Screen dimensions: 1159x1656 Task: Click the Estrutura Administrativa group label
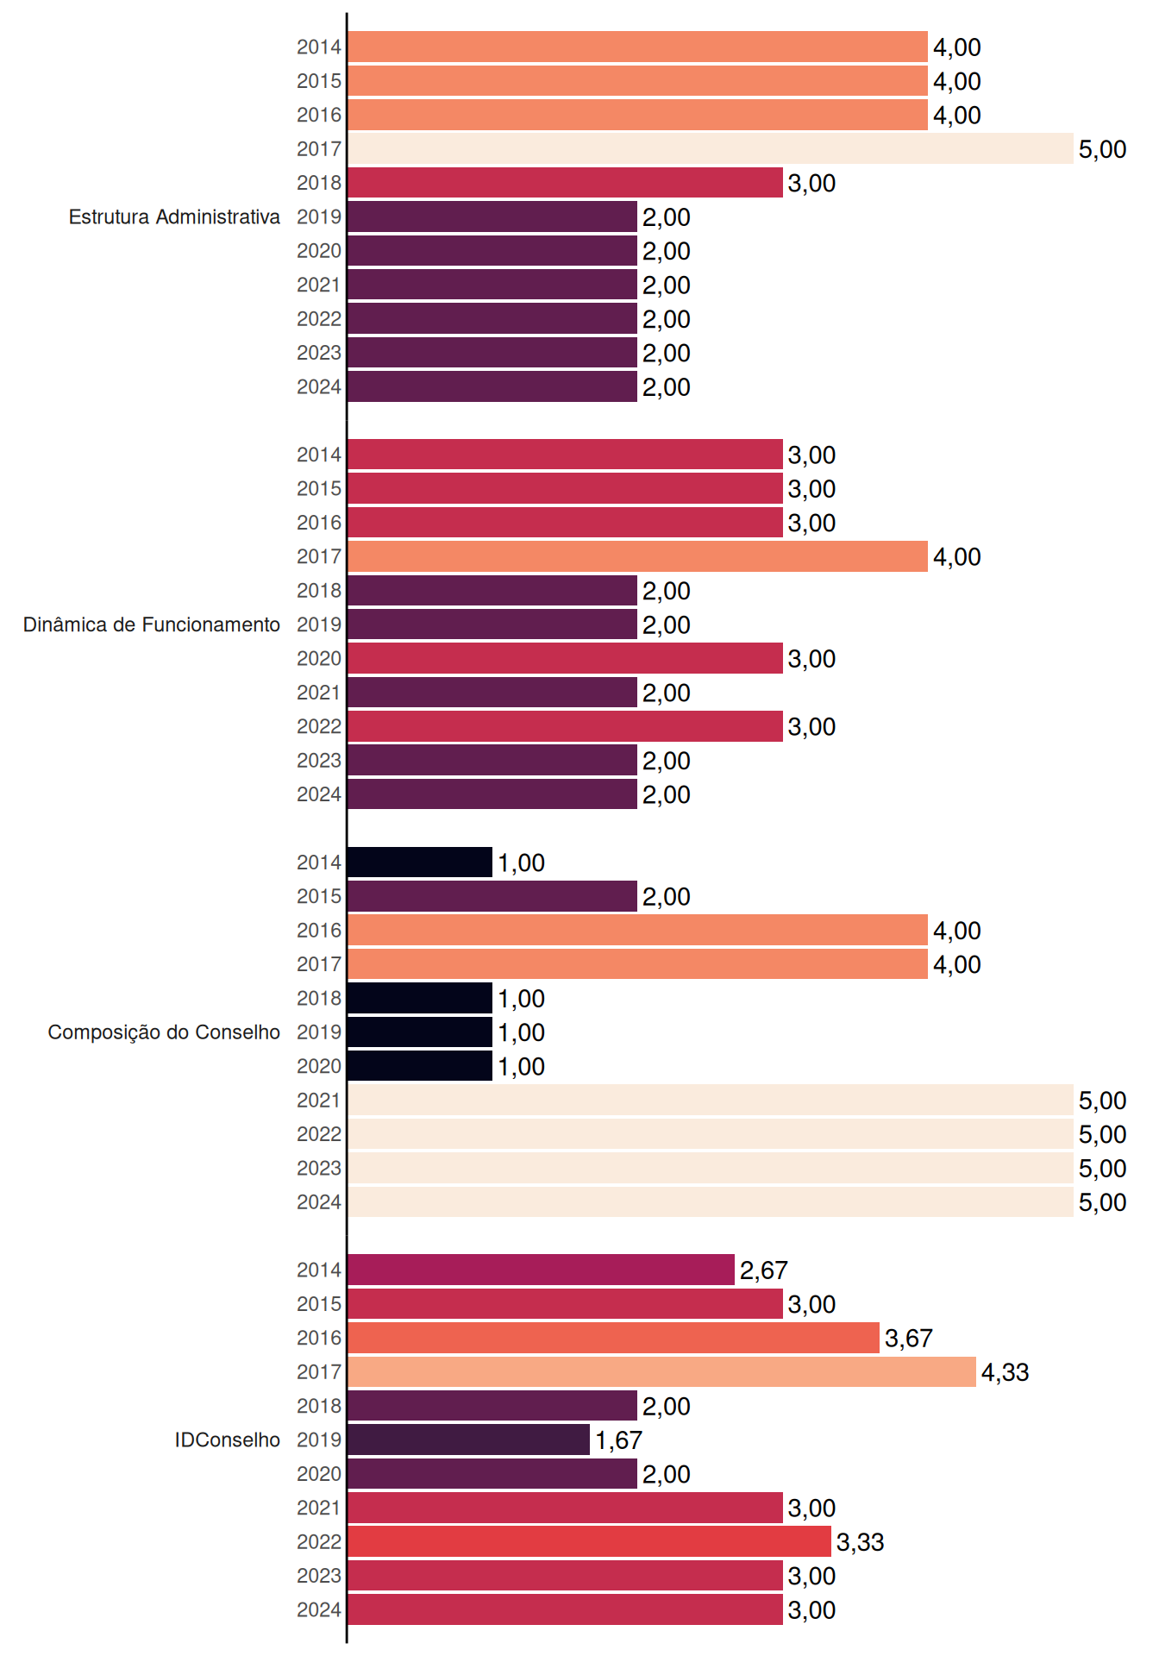(174, 216)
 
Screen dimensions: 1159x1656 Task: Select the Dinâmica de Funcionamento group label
(152, 624)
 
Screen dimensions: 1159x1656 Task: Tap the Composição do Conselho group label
(164, 1032)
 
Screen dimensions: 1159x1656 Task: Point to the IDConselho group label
(228, 1440)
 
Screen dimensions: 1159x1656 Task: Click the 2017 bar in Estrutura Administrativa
(711, 148)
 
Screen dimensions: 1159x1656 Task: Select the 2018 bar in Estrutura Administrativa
(566, 183)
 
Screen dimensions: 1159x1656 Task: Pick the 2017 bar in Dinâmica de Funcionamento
(638, 556)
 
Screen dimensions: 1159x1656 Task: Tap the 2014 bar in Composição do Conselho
(420, 862)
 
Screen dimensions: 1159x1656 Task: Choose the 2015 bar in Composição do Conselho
(492, 896)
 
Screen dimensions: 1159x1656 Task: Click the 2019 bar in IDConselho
(469, 1440)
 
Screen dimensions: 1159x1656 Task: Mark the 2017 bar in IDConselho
(662, 1371)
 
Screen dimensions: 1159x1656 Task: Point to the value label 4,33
(1006, 1372)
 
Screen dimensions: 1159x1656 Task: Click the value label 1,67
(619, 1440)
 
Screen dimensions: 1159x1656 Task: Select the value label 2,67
(764, 1270)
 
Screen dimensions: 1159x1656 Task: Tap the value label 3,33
(861, 1542)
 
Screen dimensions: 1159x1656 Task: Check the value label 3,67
(909, 1339)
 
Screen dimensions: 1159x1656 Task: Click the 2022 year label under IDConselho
(319, 1541)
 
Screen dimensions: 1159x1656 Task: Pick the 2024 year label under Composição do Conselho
(319, 1201)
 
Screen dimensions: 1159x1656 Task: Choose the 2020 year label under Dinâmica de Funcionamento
(319, 658)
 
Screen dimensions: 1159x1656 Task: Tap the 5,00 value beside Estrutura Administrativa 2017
(1103, 149)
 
